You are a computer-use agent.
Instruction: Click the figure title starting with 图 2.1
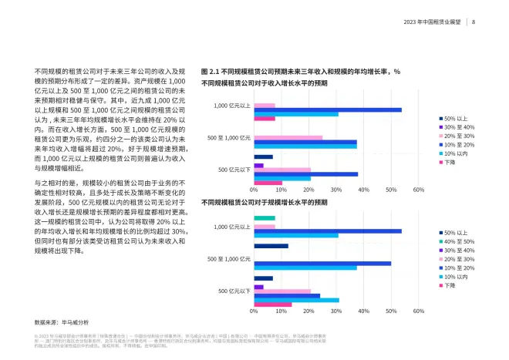click(x=300, y=71)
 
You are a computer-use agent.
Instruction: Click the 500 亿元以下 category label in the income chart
click(x=234, y=170)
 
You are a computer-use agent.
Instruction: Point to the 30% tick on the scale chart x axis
click(x=335, y=312)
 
